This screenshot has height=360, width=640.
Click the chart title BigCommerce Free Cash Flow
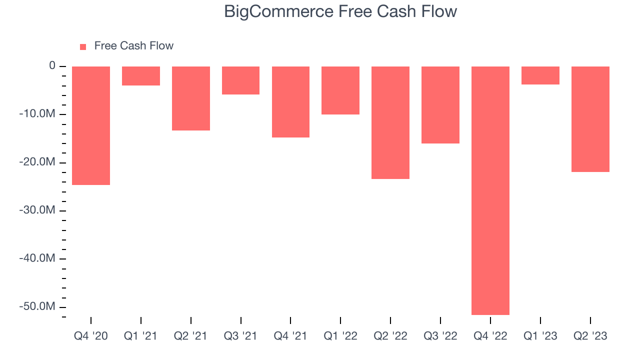[x=340, y=11]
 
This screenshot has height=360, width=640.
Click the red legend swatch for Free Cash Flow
[x=83, y=46]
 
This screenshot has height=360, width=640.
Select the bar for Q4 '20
[x=91, y=125]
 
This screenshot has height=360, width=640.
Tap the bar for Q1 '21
[x=141, y=76]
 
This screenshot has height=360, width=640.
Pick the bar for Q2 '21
[x=191, y=98]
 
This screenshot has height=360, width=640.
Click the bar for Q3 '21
[x=240, y=80]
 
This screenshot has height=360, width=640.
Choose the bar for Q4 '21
[x=290, y=102]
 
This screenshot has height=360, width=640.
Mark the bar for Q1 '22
[x=340, y=90]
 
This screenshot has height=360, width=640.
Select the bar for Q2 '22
[x=390, y=122]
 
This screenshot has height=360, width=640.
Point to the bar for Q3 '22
[x=440, y=105]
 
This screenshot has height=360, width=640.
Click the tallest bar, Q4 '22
[x=490, y=190]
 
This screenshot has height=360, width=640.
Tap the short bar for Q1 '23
[x=540, y=75]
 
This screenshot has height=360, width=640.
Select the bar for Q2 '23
[x=590, y=119]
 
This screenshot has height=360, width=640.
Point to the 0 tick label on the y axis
[x=52, y=66]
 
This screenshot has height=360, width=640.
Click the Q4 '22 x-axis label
[x=490, y=336]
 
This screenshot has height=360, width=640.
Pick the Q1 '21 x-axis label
[x=141, y=336]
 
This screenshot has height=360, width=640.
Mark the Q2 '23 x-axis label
[x=590, y=336]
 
